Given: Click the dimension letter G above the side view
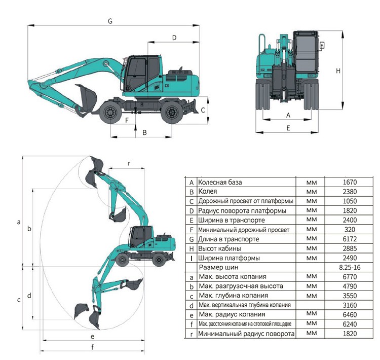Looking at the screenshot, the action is click(110, 21).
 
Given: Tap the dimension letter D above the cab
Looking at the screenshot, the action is click(174, 38).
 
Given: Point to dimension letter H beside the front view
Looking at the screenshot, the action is click(338, 71).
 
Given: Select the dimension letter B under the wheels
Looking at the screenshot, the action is click(145, 132).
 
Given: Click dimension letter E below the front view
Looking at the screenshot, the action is click(288, 128).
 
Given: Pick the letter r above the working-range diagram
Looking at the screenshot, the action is click(129, 163).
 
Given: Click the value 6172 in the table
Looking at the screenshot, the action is click(350, 239).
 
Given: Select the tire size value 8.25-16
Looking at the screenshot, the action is click(350, 267).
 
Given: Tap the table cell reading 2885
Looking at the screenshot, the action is click(350, 248).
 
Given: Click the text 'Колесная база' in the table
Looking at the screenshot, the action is click(220, 182).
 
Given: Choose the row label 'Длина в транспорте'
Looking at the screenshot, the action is click(229, 239).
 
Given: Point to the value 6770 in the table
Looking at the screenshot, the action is click(350, 277).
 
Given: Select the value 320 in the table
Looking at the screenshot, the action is click(350, 230).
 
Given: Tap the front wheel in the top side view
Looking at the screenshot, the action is click(111, 113).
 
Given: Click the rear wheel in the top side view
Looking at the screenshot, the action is click(172, 113).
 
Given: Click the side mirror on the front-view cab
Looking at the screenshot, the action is click(322, 46).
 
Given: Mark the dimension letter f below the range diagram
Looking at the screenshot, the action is click(92, 347).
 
